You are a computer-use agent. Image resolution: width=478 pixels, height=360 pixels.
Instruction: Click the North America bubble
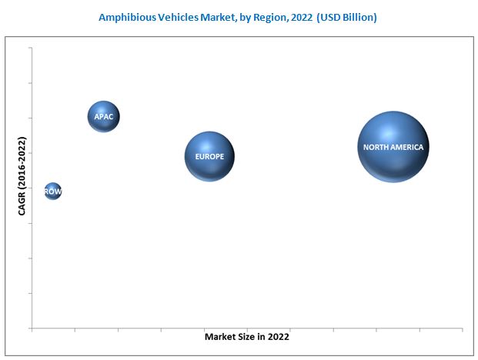point(393,147)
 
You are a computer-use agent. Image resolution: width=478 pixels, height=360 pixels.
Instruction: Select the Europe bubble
point(209,156)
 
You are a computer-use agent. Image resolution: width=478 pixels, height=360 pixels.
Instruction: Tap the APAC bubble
point(103,117)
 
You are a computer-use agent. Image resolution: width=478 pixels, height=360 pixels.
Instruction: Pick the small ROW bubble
point(52,191)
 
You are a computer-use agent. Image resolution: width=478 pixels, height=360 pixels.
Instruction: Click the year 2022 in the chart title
point(300,16)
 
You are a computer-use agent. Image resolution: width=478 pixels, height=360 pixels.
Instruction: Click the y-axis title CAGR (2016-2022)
point(22,176)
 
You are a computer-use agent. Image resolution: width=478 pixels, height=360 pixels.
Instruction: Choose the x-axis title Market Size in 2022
point(247,336)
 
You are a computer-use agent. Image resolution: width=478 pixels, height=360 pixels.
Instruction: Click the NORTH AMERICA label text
point(393,147)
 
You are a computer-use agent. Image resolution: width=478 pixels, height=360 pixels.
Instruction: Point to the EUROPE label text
point(209,157)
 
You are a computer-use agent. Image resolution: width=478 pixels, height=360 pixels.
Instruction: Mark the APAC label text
point(103,117)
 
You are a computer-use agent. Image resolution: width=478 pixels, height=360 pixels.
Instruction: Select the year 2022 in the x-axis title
point(279,336)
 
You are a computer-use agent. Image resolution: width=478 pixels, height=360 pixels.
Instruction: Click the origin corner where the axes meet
point(32,328)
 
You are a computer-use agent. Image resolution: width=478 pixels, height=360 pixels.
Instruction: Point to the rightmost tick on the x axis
point(462,329)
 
